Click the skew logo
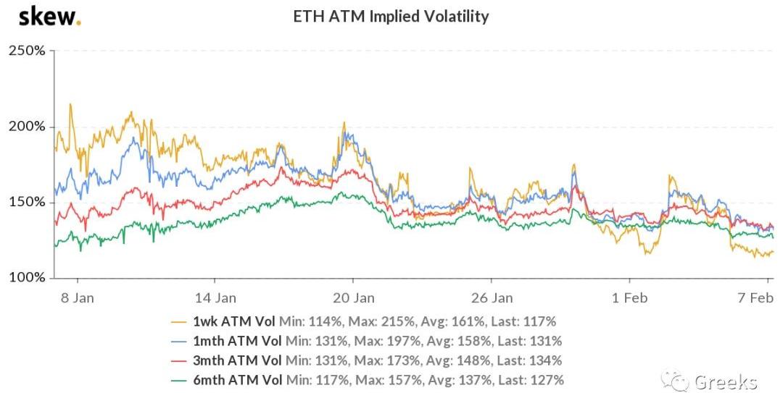(49, 16)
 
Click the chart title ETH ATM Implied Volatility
(391, 16)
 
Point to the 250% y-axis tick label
(27, 51)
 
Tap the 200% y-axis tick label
(27, 127)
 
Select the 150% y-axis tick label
(27, 202)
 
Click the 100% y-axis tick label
(27, 278)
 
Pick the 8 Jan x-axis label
(77, 297)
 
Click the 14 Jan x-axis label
(215, 297)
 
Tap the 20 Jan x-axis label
(354, 297)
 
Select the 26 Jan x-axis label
(492, 297)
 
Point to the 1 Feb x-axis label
(629, 297)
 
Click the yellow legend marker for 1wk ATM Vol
(177, 321)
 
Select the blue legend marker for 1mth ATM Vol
(177, 341)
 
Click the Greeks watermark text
(725, 382)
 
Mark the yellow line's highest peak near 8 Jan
(70, 104)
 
